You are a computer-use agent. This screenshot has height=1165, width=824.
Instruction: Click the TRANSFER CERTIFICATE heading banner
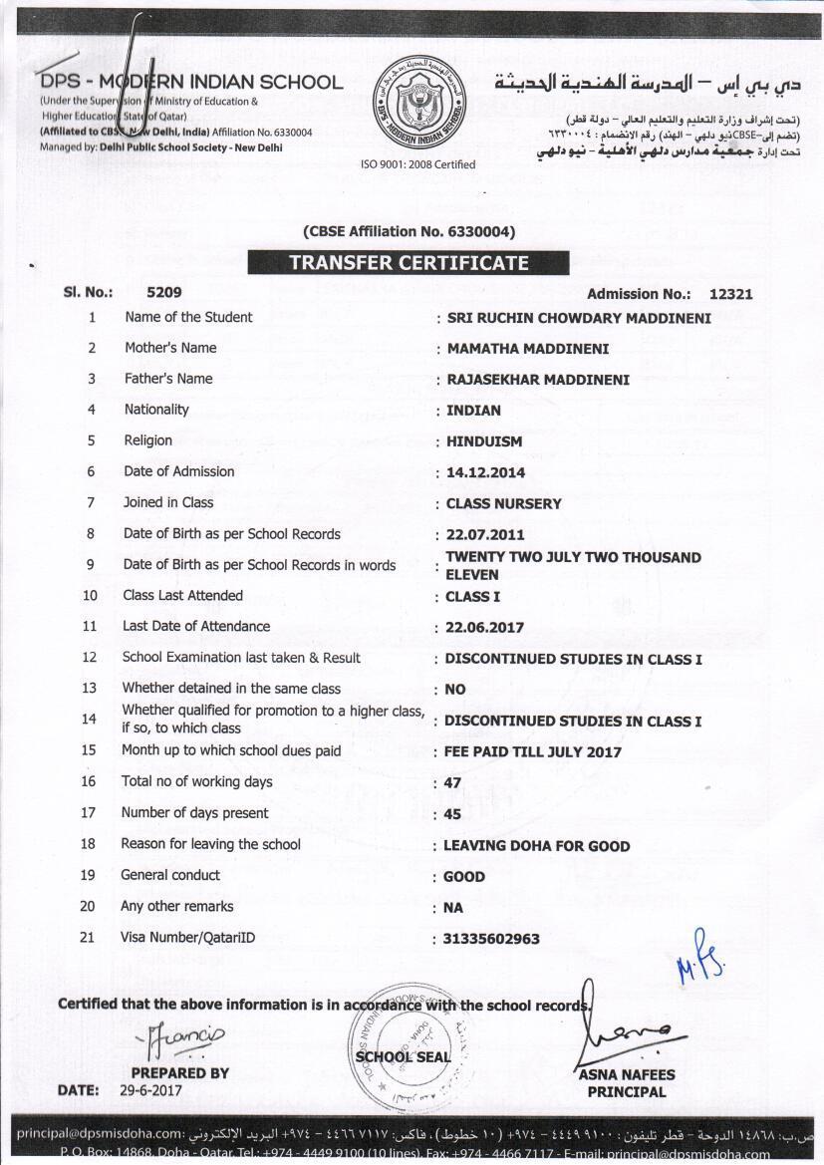pyautogui.click(x=408, y=263)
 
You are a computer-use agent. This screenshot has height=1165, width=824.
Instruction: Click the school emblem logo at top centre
pyautogui.click(x=418, y=102)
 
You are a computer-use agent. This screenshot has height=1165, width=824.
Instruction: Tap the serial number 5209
pyautogui.click(x=164, y=293)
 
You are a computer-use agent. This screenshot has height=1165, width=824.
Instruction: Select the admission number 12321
pyautogui.click(x=730, y=294)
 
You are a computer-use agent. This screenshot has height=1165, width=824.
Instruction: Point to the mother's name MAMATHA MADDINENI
pyautogui.click(x=528, y=349)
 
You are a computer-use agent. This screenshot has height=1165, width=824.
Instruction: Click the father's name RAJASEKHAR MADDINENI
pyautogui.click(x=538, y=380)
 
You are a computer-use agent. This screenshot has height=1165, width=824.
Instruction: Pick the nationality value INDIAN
pyautogui.click(x=473, y=411)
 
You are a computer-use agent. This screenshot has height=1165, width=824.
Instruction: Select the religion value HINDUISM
pyautogui.click(x=484, y=441)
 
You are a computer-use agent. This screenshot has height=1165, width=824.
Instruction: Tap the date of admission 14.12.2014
pyautogui.click(x=486, y=472)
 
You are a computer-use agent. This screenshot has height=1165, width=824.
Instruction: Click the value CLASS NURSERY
pyautogui.click(x=503, y=504)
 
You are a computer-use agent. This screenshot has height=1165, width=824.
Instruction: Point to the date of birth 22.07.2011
pyautogui.click(x=485, y=535)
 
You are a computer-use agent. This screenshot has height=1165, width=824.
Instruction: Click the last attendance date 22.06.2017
pyautogui.click(x=484, y=628)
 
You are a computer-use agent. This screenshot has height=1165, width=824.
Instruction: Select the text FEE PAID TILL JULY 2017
pyautogui.click(x=532, y=752)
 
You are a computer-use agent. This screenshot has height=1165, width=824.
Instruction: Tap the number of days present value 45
pyautogui.click(x=452, y=814)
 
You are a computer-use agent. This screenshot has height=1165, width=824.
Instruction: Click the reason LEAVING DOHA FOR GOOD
pyautogui.click(x=536, y=846)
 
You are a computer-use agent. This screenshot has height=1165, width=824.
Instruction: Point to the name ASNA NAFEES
pyautogui.click(x=626, y=1075)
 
